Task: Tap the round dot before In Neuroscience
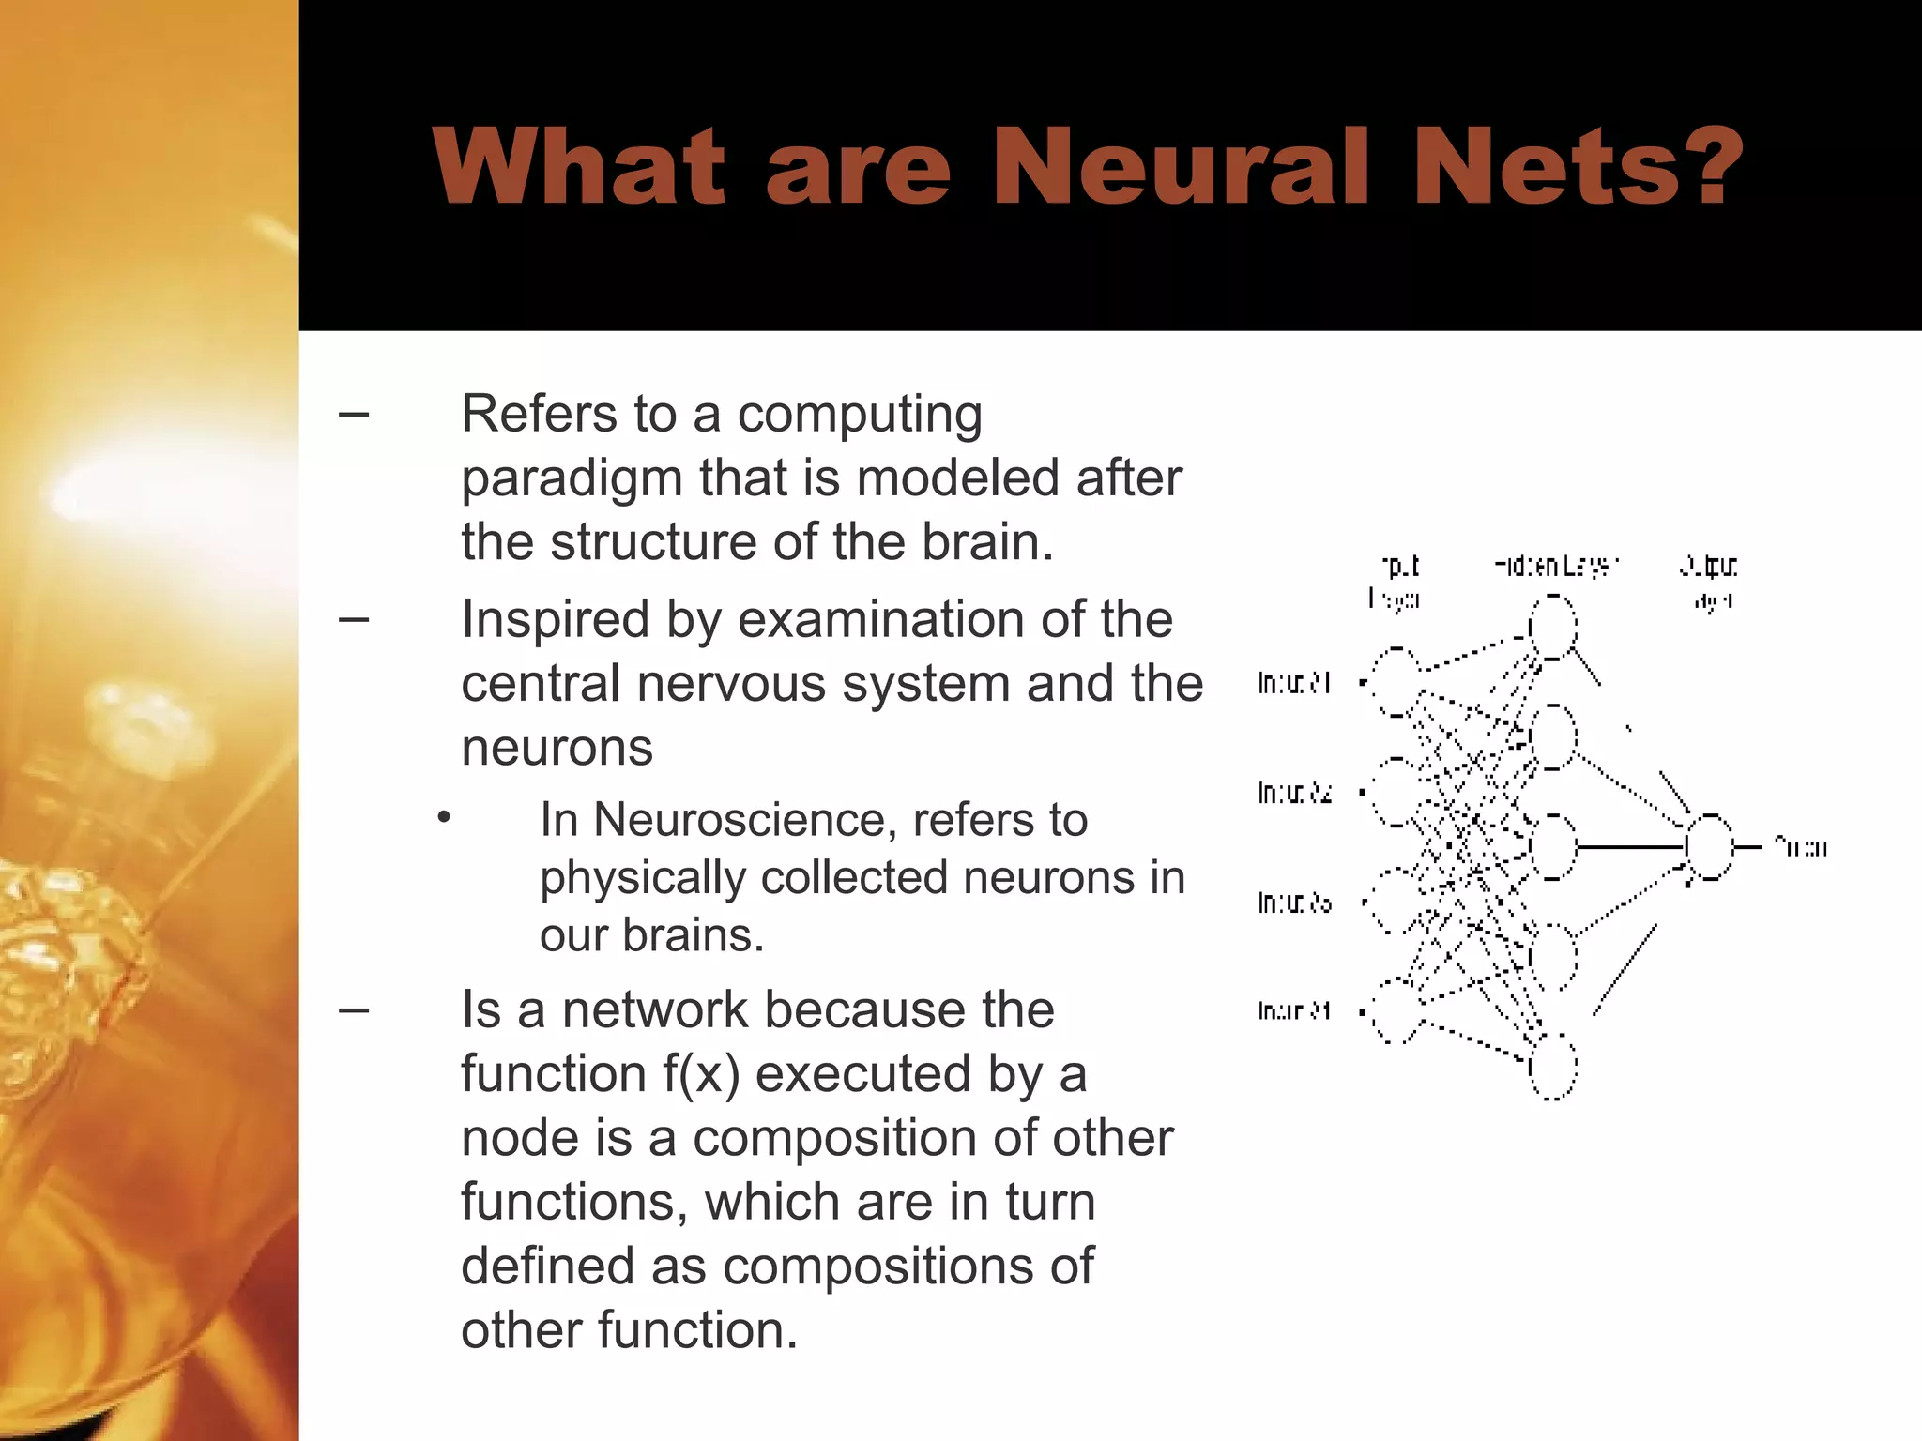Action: click(444, 818)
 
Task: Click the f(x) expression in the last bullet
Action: click(701, 1074)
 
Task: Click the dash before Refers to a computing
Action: click(353, 414)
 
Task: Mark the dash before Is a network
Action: click(353, 1010)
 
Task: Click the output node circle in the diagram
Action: click(1709, 847)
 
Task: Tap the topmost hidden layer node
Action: click(1553, 627)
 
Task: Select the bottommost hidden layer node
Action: click(1553, 1067)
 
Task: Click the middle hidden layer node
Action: click(1553, 847)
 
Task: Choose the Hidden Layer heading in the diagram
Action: click(1556, 567)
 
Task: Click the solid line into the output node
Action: click(1630, 847)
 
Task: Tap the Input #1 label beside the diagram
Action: click(1294, 683)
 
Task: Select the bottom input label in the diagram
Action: click(1294, 1011)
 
